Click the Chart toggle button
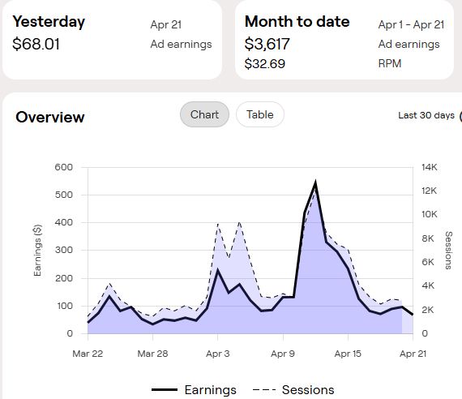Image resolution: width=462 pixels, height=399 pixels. click(x=204, y=114)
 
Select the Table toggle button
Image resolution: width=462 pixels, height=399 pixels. click(x=259, y=114)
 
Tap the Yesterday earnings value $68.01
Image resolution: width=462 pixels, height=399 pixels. click(x=36, y=44)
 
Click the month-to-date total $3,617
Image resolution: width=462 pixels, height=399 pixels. click(x=267, y=44)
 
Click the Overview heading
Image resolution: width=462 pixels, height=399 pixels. click(x=50, y=117)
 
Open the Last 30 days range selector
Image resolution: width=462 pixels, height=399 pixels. click(x=426, y=115)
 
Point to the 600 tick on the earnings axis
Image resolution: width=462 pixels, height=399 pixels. click(x=63, y=167)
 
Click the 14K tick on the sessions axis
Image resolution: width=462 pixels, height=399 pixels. click(x=430, y=167)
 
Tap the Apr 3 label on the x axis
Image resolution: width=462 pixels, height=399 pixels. click(x=218, y=354)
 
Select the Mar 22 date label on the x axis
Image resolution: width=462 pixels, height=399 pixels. click(x=88, y=354)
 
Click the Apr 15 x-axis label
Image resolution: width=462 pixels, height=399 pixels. click(x=348, y=354)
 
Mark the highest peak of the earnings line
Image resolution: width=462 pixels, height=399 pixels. click(x=315, y=183)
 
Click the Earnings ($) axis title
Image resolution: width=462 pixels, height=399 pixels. click(x=37, y=250)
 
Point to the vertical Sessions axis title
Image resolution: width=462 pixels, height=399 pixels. click(x=448, y=251)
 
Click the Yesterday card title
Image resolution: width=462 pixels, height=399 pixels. click(x=49, y=22)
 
